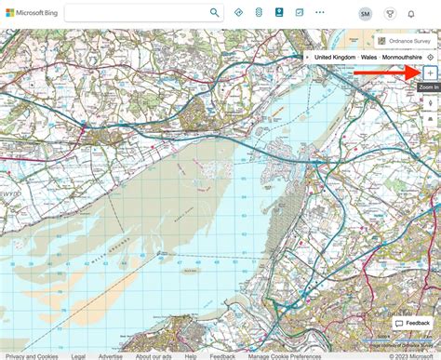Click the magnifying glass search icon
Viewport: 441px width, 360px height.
point(215,13)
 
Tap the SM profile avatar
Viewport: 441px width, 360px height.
point(365,14)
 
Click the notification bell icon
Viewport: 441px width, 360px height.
point(411,14)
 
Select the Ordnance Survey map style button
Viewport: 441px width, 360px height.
point(405,41)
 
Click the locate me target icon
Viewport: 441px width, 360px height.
point(430,58)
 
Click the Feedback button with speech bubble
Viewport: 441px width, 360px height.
point(413,323)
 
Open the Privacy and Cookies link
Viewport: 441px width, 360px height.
point(31,355)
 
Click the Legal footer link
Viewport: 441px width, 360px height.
point(78,355)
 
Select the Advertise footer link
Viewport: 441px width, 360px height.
point(110,355)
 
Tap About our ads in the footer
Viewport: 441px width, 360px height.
point(154,355)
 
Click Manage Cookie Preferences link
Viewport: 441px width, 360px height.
point(284,355)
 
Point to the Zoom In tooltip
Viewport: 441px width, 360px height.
point(428,87)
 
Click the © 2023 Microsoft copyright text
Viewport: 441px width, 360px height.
point(410,355)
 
